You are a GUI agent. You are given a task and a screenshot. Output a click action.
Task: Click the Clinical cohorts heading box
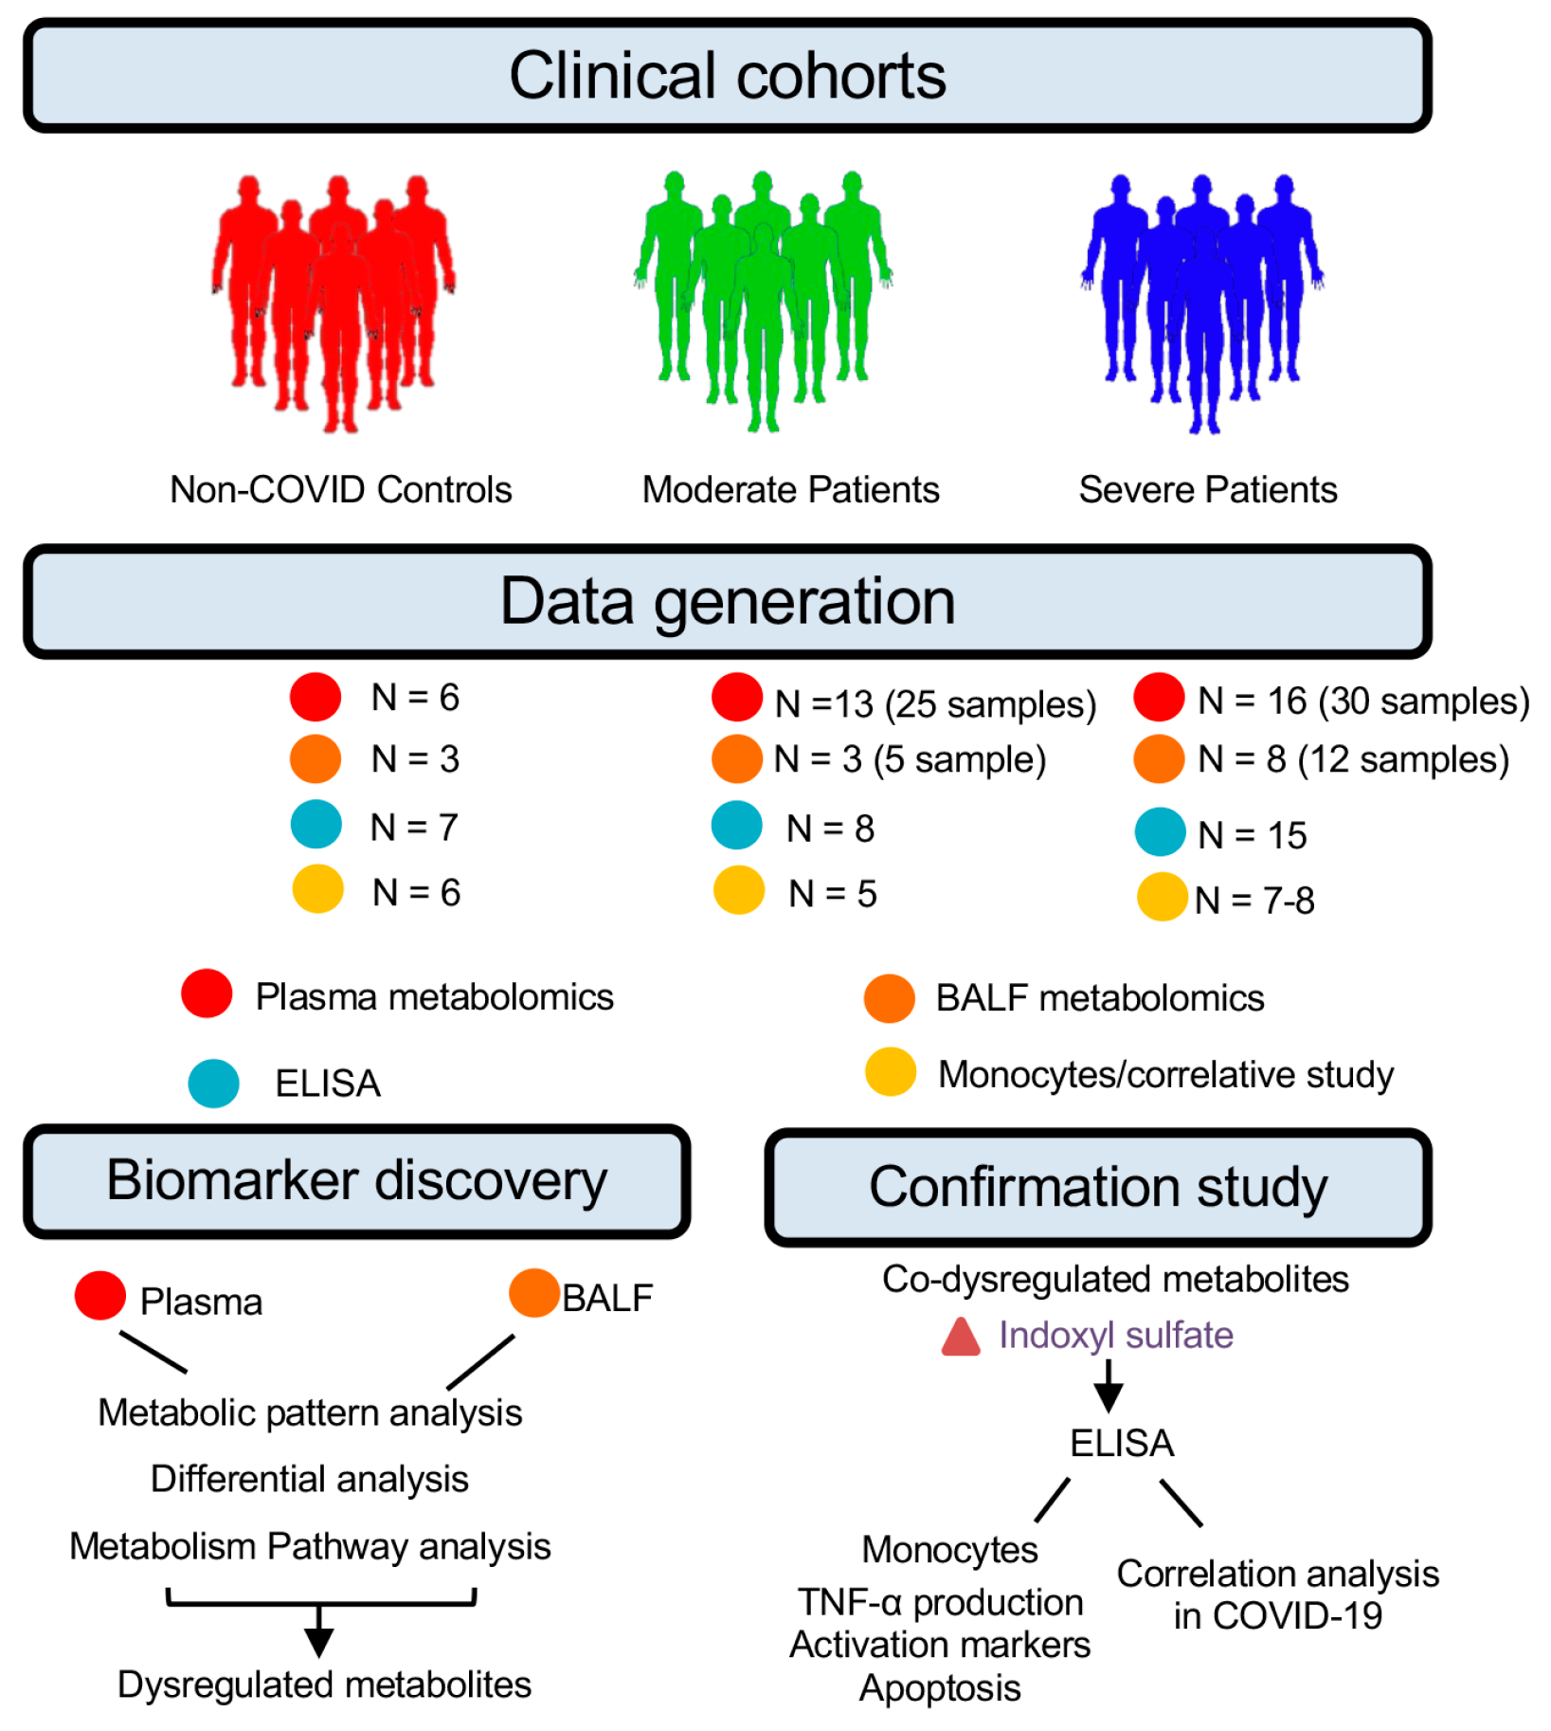727,76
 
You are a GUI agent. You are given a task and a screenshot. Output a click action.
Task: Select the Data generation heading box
727,601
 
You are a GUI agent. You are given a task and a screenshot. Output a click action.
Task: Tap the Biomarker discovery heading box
356,1181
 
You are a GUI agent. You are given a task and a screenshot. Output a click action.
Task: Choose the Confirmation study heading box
1097,1187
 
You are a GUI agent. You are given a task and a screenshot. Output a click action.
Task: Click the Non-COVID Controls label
340,490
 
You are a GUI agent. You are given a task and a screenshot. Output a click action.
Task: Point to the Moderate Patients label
790,490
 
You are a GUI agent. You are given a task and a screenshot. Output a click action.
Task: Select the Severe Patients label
1207,490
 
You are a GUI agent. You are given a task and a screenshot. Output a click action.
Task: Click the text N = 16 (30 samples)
1362,702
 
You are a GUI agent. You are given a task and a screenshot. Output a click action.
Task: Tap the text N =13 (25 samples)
934,704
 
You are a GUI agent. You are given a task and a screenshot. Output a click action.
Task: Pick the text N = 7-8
1253,901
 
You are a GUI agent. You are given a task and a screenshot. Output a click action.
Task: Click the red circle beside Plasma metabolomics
207,993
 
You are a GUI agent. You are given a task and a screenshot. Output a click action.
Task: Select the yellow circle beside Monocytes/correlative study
890,1071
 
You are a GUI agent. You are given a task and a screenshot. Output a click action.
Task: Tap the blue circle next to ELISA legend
213,1084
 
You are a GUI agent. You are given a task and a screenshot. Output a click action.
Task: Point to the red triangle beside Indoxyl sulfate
960,1338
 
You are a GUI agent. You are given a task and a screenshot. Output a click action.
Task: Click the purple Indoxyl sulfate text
1115,1335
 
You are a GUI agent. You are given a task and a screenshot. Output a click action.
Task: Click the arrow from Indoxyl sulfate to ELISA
1108,1386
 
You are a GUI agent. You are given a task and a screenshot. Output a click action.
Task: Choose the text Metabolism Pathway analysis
310,1546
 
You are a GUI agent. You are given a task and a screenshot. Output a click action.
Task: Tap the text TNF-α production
940,1602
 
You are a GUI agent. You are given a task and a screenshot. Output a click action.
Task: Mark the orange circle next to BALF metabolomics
889,998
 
